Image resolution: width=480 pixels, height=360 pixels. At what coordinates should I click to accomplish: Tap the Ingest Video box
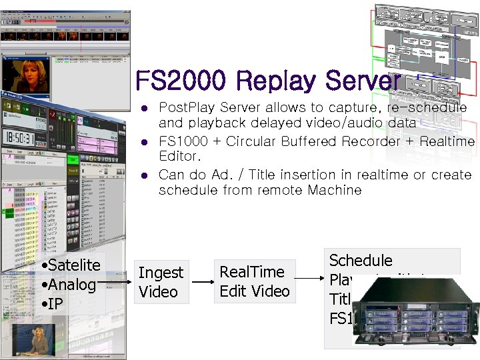point(160,282)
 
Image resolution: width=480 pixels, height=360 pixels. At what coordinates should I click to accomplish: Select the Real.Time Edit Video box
point(255,281)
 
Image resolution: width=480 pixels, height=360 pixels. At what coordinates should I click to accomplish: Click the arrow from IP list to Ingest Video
point(117,283)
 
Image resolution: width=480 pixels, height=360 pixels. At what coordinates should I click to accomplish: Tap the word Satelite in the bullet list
point(73,265)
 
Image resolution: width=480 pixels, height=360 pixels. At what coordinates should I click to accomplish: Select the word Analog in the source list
point(71,285)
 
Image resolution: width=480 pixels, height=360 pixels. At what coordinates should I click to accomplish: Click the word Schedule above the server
point(361,261)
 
